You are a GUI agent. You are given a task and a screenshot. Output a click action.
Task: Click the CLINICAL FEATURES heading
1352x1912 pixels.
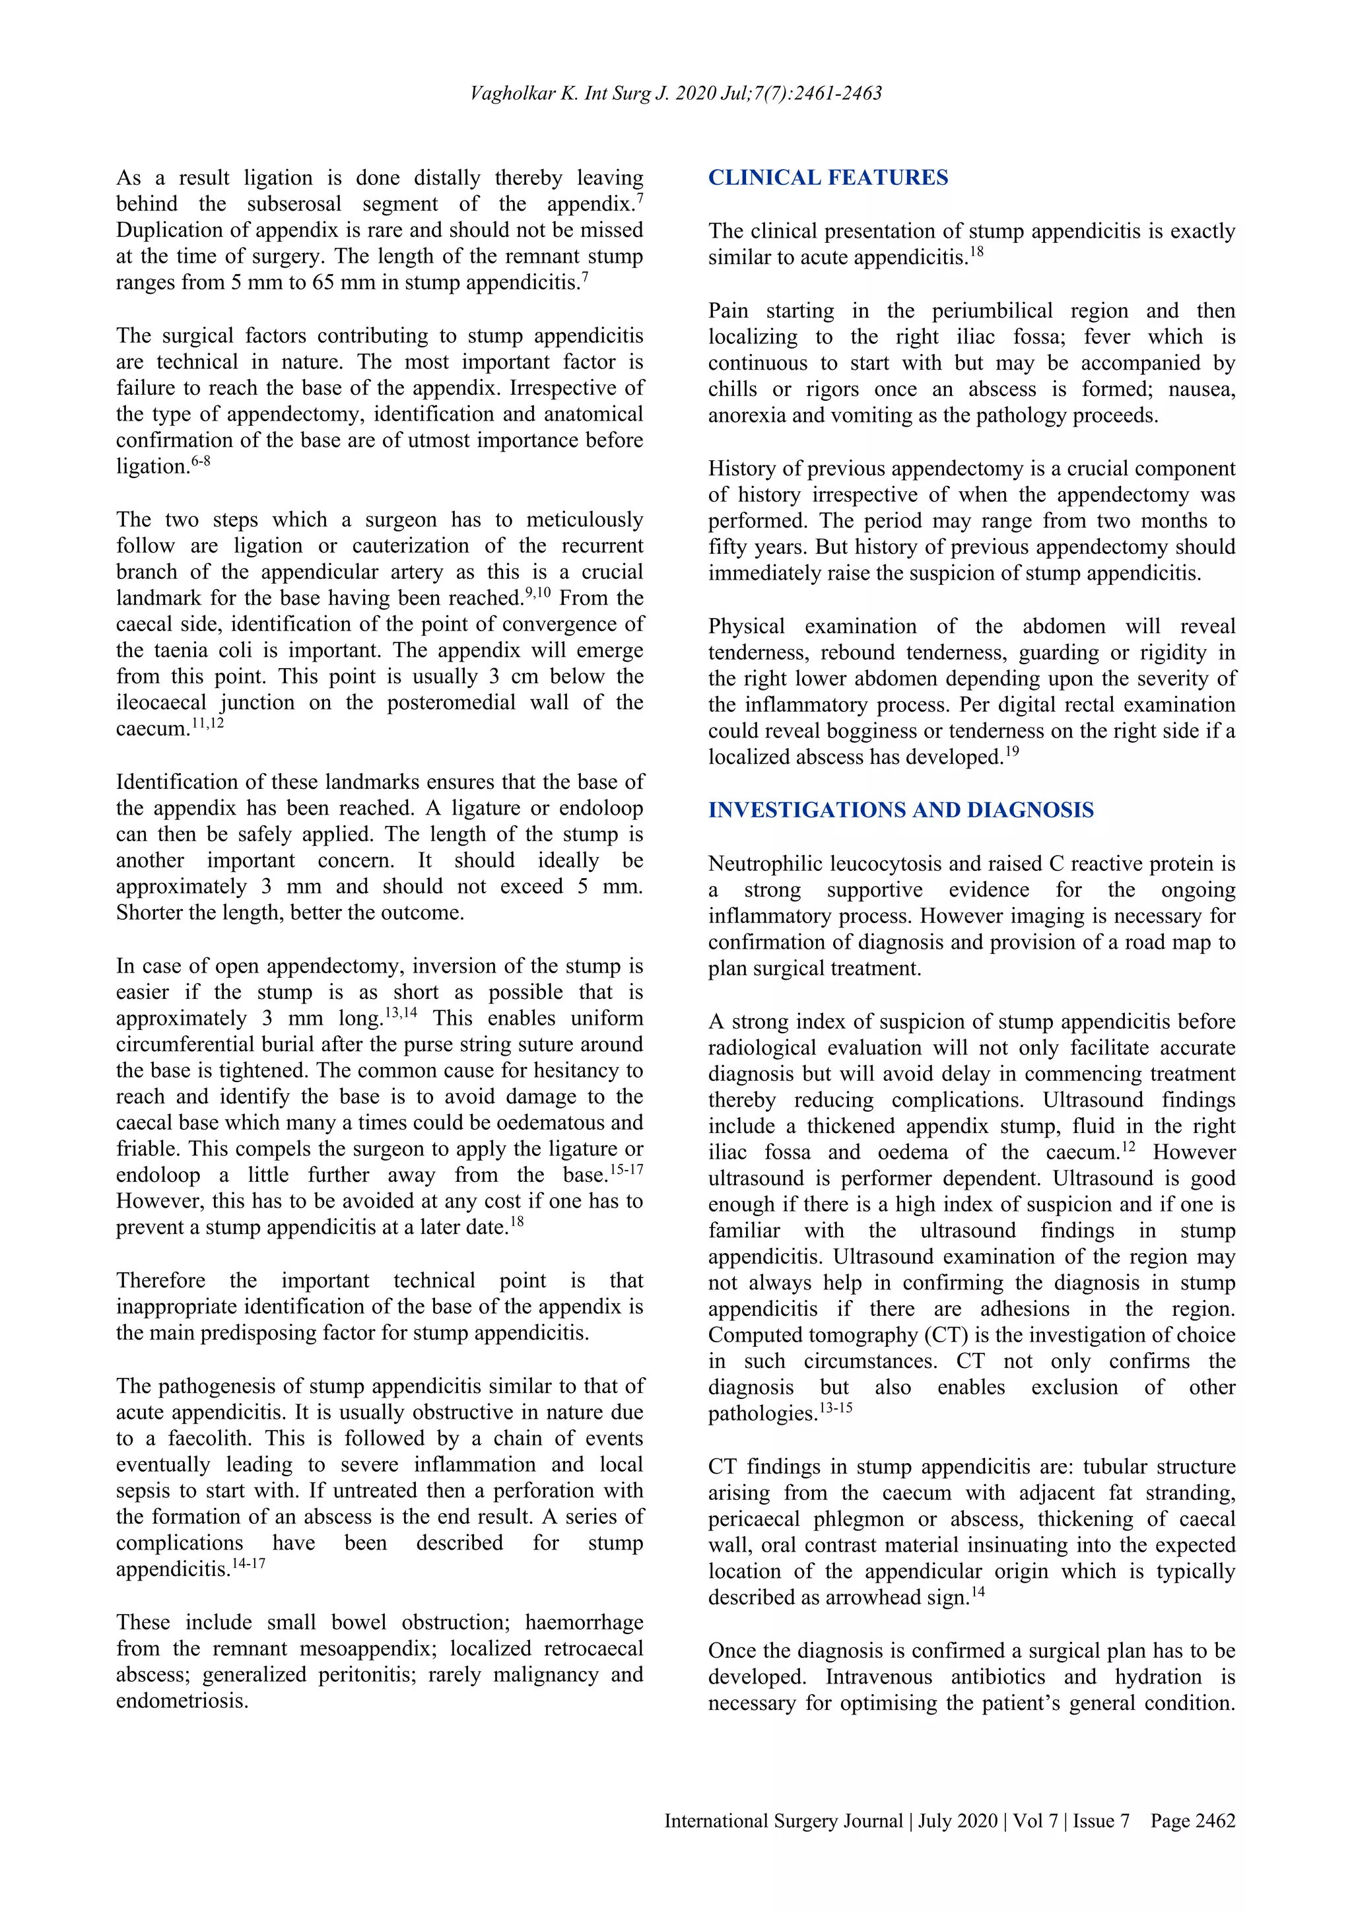click(x=828, y=178)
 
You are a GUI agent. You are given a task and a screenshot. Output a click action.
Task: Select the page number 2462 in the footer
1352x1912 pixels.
click(x=1215, y=1822)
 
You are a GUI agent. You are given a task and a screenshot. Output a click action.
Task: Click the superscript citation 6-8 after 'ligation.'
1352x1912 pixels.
click(x=200, y=461)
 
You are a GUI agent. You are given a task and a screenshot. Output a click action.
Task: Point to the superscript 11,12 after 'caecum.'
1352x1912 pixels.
click(x=208, y=723)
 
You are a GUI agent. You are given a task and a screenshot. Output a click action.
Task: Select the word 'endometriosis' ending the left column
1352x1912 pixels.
click(x=182, y=1701)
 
